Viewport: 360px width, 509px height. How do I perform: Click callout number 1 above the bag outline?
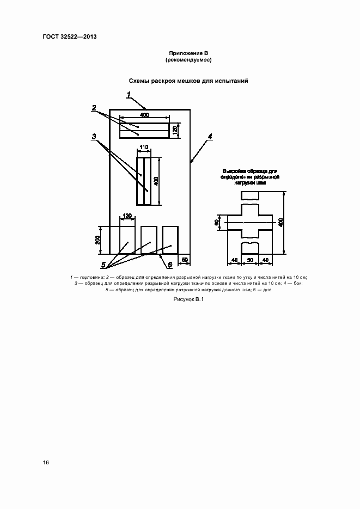[x=129, y=95]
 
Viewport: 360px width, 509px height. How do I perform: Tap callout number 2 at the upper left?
[x=94, y=108]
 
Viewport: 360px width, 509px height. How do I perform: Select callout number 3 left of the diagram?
[x=94, y=137]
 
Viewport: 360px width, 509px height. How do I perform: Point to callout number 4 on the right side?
[x=210, y=137]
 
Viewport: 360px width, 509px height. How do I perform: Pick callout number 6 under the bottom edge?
[x=169, y=265]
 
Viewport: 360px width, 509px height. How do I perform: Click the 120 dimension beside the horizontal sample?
[x=175, y=130]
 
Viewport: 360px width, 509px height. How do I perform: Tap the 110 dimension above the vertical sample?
[x=144, y=148]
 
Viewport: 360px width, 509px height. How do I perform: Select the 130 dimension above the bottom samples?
[x=127, y=216]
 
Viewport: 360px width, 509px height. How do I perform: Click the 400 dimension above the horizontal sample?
[x=144, y=115]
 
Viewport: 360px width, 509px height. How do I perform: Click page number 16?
[x=46, y=463]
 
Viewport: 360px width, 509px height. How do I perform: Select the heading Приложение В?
[x=188, y=53]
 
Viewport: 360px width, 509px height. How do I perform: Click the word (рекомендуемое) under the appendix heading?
[x=188, y=60]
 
